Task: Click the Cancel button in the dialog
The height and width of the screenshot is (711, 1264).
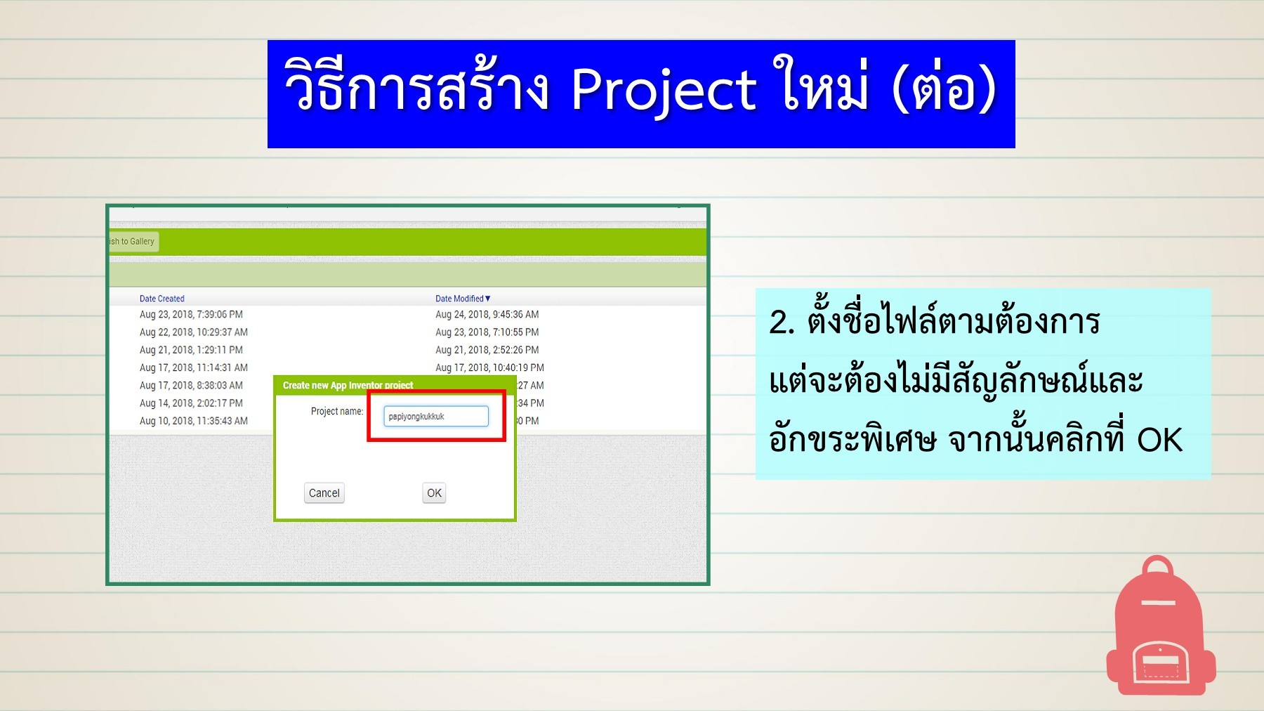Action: coord(324,493)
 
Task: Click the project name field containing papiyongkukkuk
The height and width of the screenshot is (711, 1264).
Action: coord(435,417)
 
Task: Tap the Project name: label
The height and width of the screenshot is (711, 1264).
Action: coord(337,412)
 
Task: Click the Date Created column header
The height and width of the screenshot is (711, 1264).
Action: coord(162,299)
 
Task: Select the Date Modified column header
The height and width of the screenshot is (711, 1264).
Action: coord(462,299)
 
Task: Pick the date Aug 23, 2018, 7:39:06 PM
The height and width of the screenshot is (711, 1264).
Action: coord(191,315)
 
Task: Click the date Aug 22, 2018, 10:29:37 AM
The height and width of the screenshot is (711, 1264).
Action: coord(193,332)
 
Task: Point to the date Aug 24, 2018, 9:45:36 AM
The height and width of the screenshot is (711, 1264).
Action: coord(487,315)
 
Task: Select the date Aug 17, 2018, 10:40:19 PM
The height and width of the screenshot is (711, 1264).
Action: coord(489,367)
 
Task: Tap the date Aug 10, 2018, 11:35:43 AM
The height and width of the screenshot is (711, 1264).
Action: coord(193,421)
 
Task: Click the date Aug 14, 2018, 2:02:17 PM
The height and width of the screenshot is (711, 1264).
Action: coord(191,403)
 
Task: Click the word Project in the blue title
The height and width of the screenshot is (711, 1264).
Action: coord(663,91)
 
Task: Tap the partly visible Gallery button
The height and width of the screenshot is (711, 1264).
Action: coord(133,242)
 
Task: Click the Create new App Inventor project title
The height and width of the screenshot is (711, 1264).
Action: coord(348,385)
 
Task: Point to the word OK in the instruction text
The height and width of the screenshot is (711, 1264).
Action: coord(1159,441)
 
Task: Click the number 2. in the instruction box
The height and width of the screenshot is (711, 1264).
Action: coord(782,323)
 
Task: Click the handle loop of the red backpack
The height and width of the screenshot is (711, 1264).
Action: coord(1158,566)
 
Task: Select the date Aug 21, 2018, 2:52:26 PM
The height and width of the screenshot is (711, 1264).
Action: coord(487,350)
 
